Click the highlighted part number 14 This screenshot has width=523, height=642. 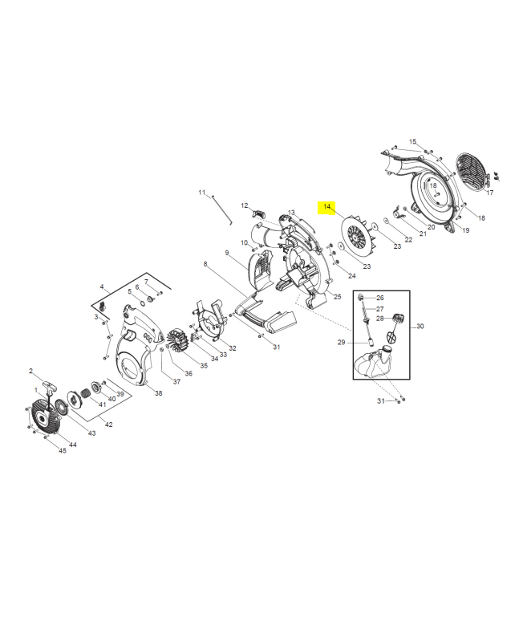(326, 207)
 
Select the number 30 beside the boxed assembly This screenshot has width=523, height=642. (420, 326)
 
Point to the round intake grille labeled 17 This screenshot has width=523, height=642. (471, 172)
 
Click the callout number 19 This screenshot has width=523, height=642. (466, 230)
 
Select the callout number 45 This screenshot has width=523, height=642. (63, 451)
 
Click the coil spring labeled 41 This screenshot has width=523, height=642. (86, 393)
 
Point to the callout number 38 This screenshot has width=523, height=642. (158, 393)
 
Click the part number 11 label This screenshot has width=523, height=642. (202, 193)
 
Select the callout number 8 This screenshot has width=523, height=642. (205, 264)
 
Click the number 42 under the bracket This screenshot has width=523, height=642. (108, 425)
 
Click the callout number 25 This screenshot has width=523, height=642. (337, 297)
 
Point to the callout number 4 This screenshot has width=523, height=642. (102, 286)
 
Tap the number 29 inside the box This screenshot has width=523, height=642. (341, 343)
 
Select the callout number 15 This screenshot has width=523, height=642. (412, 141)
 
